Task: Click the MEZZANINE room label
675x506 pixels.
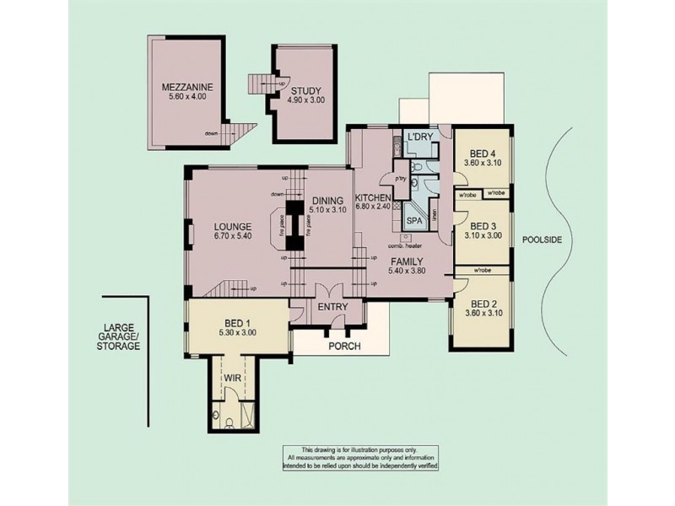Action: pyautogui.click(x=188, y=87)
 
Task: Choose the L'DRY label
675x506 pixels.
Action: pyautogui.click(x=419, y=137)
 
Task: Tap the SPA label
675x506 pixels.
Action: pyautogui.click(x=414, y=220)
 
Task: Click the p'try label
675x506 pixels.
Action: pyautogui.click(x=389, y=178)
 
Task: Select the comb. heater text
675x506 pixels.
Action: pyautogui.click(x=405, y=245)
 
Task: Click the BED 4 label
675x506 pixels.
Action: pyautogui.click(x=483, y=153)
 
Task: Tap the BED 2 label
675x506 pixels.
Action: pyautogui.click(x=483, y=304)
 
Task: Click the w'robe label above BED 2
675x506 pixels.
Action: pyautogui.click(x=483, y=271)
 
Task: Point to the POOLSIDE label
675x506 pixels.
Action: pyautogui.click(x=542, y=240)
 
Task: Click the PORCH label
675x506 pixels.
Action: pyautogui.click(x=345, y=347)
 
